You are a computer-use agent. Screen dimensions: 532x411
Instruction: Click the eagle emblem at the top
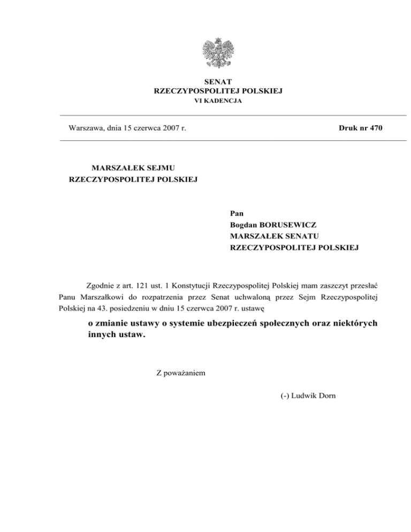218,55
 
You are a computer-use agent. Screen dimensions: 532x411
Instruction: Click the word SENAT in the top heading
218,82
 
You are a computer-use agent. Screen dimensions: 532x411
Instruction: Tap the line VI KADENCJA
218,101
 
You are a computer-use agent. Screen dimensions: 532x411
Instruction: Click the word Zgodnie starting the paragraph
101,284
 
